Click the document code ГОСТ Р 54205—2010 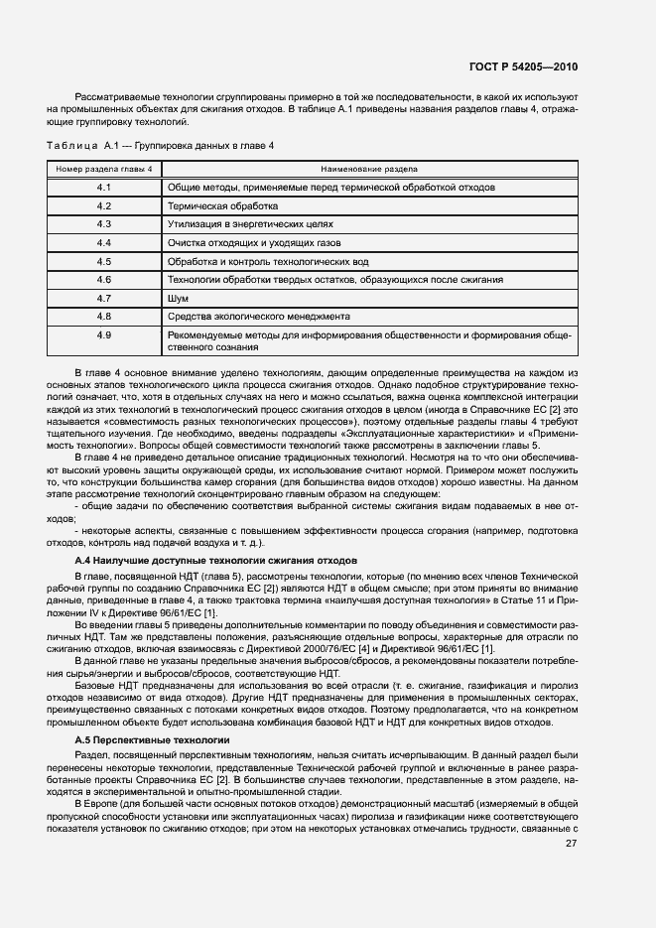[523, 66]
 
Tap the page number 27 [571, 817]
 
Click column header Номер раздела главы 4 [103, 169]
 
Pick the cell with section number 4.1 [103, 187]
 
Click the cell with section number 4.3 [103, 224]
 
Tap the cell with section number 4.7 [103, 298]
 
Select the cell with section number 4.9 [103, 335]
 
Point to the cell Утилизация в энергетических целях [248, 224]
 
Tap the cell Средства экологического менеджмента [258, 317]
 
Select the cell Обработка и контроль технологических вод [269, 261]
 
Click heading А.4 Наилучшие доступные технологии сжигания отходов [215, 561]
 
